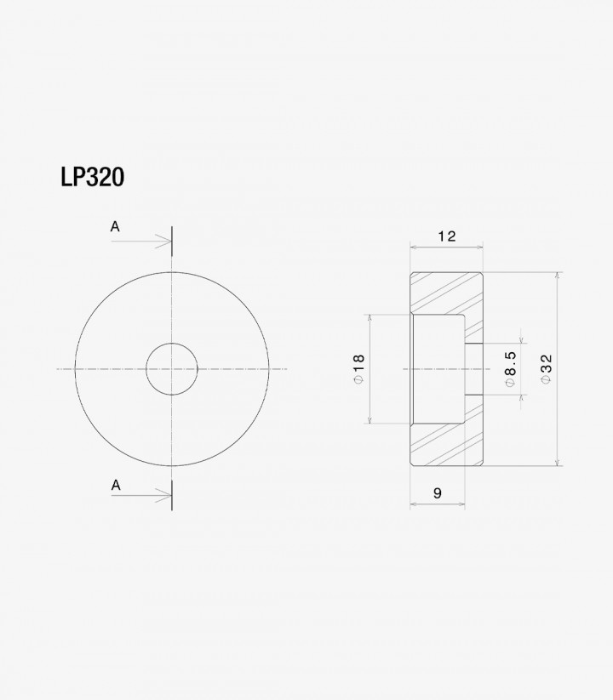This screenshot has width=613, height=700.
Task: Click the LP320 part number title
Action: point(93,177)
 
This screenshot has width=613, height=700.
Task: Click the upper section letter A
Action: point(115,227)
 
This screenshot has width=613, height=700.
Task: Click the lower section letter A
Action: point(116,485)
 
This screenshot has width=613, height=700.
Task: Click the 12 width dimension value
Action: point(446,236)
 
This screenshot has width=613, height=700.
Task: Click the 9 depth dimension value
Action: point(438,492)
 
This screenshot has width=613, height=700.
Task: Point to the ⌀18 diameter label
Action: point(358,369)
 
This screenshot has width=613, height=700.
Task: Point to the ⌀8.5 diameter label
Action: point(510,369)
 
